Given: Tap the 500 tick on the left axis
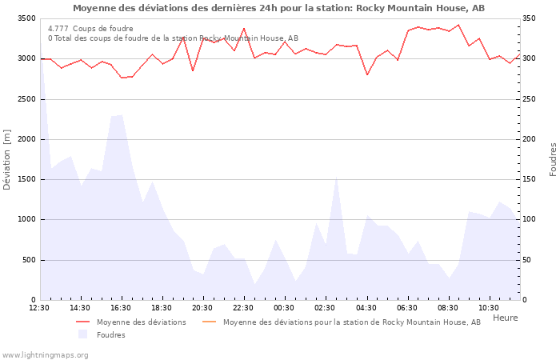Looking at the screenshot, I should pyautogui.click(x=28, y=260).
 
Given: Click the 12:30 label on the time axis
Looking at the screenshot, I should pyautogui.click(x=38, y=308).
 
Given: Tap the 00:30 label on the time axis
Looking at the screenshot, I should pyautogui.click(x=284, y=308).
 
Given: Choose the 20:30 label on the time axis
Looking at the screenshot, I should pyautogui.click(x=202, y=308).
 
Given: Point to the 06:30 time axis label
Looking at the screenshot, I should pyautogui.click(x=407, y=308).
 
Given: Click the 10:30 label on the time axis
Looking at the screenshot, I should pyautogui.click(x=489, y=308).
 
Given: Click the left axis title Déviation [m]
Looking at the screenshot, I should pyautogui.click(x=8, y=159).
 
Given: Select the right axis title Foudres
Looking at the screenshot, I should pyautogui.click(x=553, y=159).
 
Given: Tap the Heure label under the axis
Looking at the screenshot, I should pyautogui.click(x=505, y=318).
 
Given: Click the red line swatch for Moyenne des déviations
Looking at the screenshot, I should pyautogui.click(x=83, y=322).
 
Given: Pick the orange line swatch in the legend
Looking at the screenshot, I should pyautogui.click(x=210, y=322).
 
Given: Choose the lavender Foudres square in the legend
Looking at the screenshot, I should pyautogui.click(x=83, y=334).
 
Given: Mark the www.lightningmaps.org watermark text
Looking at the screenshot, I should pyautogui.click(x=45, y=354).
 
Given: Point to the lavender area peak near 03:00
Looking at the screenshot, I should pyautogui.click(x=336, y=177).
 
